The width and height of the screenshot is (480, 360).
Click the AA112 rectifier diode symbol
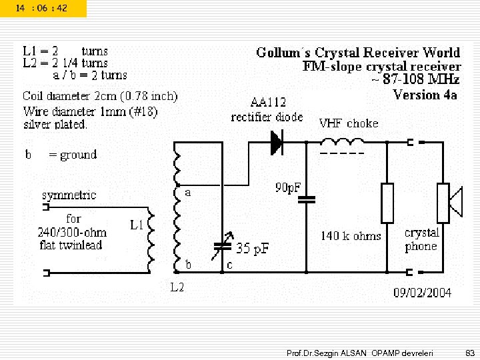276,142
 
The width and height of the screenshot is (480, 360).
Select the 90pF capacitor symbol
307,199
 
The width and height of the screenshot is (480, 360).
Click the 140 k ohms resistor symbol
387,203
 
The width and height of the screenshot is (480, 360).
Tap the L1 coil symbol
151,241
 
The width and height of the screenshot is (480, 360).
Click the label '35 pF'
253,249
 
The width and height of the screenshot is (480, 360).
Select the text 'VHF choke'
348,123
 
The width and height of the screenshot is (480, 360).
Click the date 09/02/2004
422,292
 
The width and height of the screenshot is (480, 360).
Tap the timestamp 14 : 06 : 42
41,8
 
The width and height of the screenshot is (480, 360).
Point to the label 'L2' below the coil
177,288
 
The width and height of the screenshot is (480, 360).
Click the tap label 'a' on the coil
188,192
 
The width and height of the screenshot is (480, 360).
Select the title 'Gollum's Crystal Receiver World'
358,53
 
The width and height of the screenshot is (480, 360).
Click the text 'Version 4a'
425,95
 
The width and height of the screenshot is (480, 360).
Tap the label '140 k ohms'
351,235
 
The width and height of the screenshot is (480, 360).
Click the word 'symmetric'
69,195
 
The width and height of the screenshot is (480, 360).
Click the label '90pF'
288,187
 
